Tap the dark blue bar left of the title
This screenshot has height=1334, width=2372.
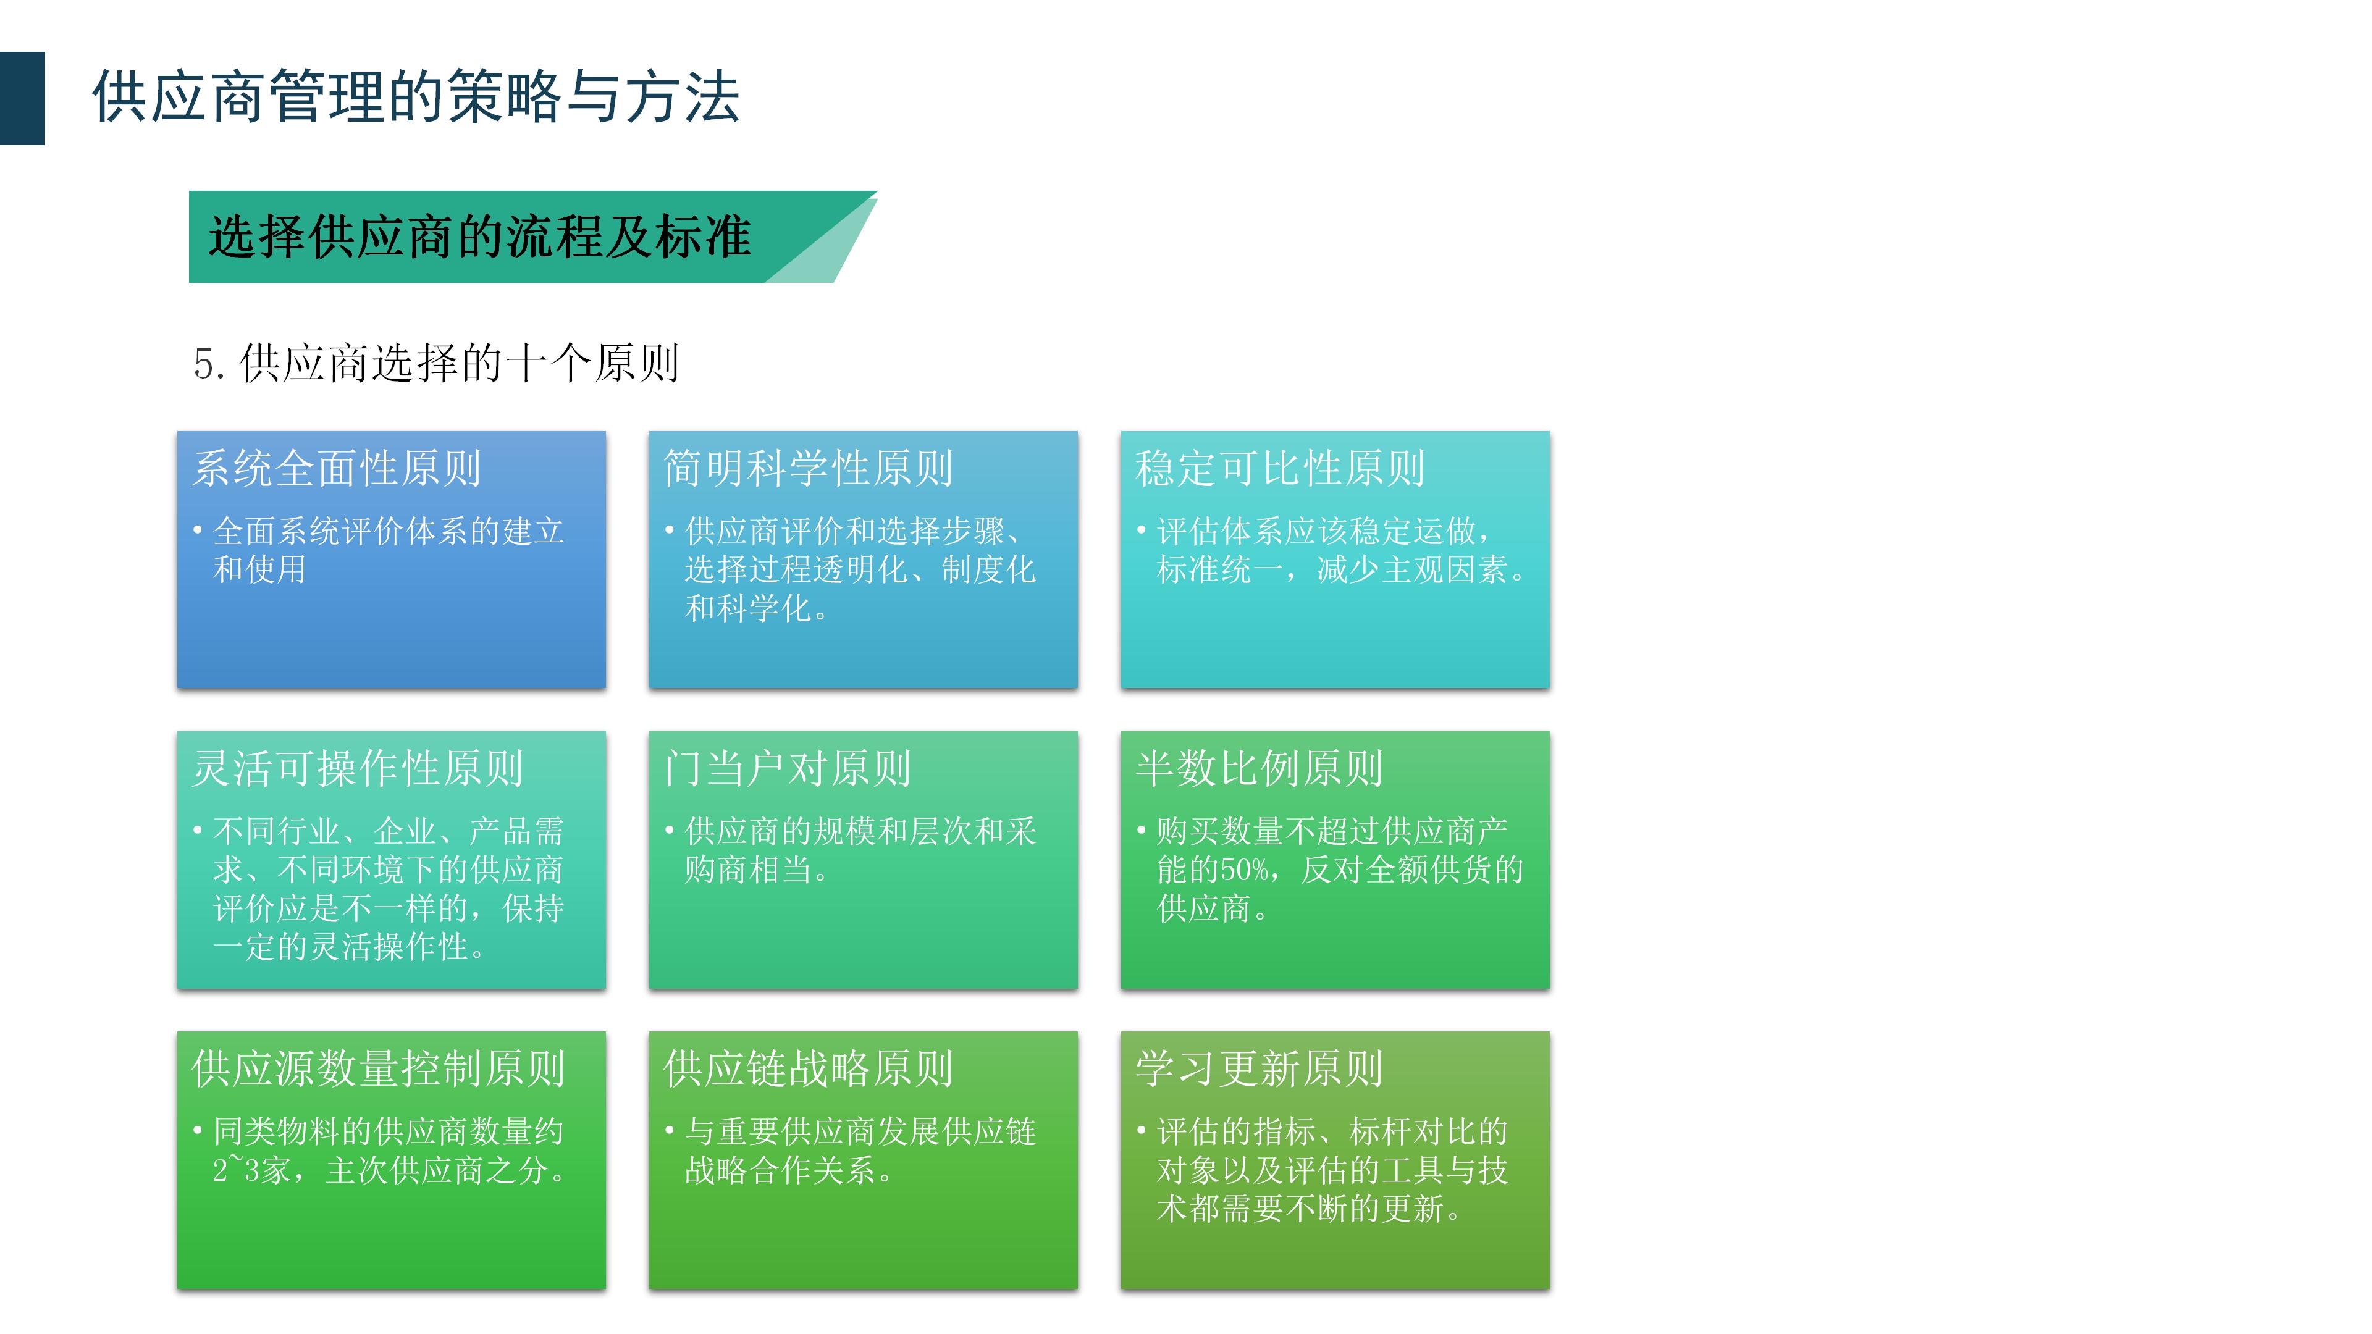(22, 98)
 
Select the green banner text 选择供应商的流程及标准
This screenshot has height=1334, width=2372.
(479, 237)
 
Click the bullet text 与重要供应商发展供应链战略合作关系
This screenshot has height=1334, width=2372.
(860, 1151)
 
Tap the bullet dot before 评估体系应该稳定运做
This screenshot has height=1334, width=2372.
(1141, 531)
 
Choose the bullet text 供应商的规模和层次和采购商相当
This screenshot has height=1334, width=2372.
(860, 850)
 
